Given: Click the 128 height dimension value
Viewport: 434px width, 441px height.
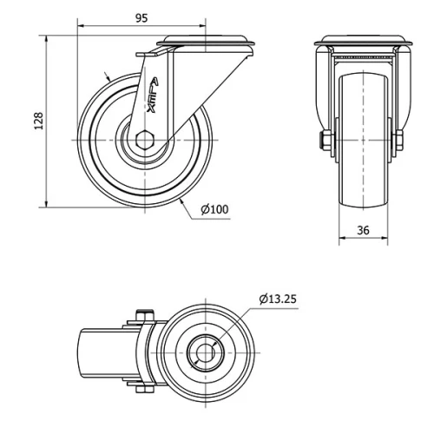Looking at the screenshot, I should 37,122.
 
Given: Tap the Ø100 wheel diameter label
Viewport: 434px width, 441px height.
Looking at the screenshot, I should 214,209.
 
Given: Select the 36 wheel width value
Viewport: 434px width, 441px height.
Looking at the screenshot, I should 363,230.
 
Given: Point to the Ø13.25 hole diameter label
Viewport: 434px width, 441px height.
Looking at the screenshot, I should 278,299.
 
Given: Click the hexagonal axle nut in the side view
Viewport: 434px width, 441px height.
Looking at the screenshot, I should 145,140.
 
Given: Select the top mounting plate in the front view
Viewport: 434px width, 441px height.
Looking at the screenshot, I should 363,42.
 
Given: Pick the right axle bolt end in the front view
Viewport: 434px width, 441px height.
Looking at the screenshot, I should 400,142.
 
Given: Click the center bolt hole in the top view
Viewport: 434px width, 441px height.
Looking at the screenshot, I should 206,352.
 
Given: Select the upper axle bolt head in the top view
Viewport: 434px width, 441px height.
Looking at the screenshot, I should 141,317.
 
